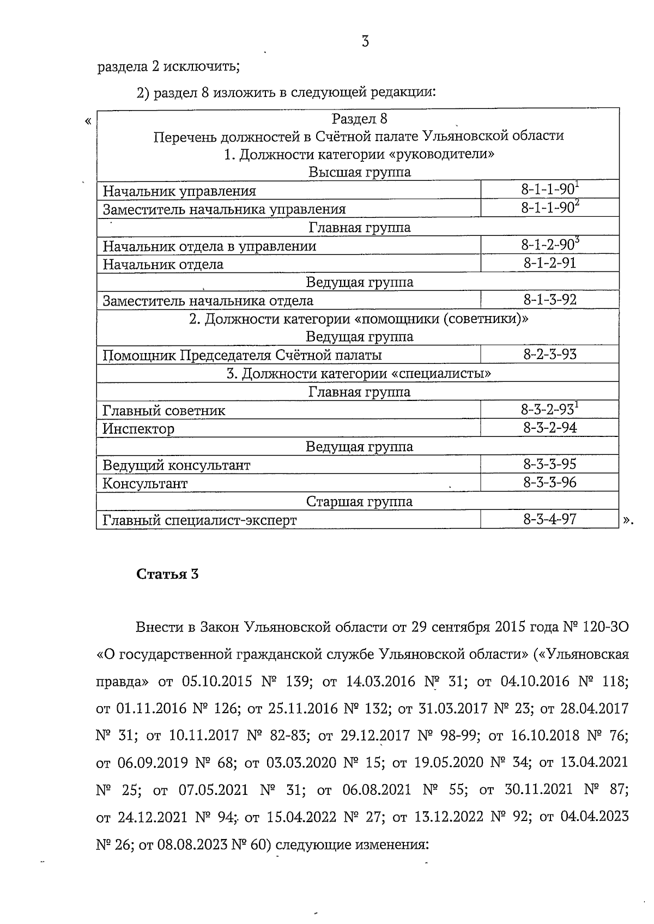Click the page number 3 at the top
tap(365, 41)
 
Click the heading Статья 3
tap(167, 574)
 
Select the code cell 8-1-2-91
tap(549, 264)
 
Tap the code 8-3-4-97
tap(549, 519)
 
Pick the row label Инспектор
tap(138, 429)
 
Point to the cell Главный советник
tap(163, 410)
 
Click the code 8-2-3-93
tap(549, 355)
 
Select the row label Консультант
tap(145, 483)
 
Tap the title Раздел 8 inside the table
tap(359, 118)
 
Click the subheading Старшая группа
tap(359, 501)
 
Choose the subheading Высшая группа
tap(359, 172)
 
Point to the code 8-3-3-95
tap(549, 464)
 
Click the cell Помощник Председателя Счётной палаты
tap(242, 355)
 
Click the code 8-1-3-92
tap(549, 300)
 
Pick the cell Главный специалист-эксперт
tap(199, 520)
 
